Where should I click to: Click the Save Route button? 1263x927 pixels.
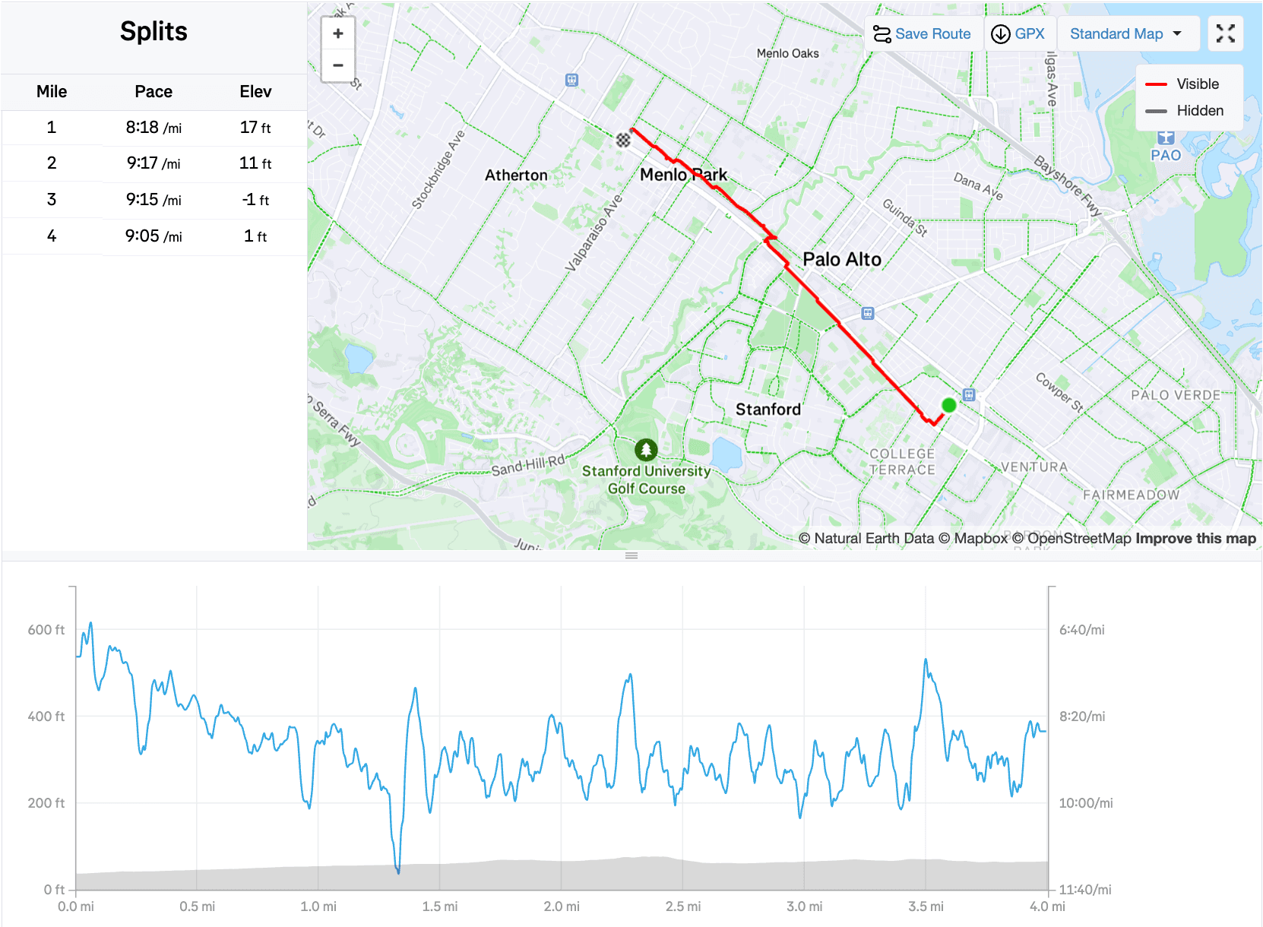(x=923, y=34)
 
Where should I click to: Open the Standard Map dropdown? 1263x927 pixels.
(x=1126, y=34)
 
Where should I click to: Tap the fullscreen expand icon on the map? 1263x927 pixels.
(x=1225, y=33)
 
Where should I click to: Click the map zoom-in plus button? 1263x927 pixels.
(x=338, y=33)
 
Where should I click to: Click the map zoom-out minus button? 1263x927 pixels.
(x=338, y=65)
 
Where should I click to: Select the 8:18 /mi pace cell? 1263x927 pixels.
(x=154, y=128)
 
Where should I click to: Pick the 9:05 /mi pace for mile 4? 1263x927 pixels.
(x=154, y=236)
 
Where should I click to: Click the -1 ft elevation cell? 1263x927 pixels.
(x=255, y=200)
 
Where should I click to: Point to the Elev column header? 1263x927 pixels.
(x=255, y=92)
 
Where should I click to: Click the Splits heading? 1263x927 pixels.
(x=154, y=32)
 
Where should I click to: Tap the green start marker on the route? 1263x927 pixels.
(x=948, y=405)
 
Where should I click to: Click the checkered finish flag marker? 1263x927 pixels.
(x=623, y=139)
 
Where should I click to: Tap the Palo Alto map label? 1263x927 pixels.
(x=842, y=260)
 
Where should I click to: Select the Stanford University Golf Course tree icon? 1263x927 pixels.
(x=646, y=450)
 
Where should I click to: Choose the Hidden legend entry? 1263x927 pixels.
(x=1200, y=111)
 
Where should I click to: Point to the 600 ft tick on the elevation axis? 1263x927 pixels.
(x=46, y=630)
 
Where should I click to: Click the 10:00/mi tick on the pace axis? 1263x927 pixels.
(x=1086, y=803)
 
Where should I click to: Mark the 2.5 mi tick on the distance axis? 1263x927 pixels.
(x=683, y=906)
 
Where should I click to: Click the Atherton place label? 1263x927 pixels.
(x=516, y=176)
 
